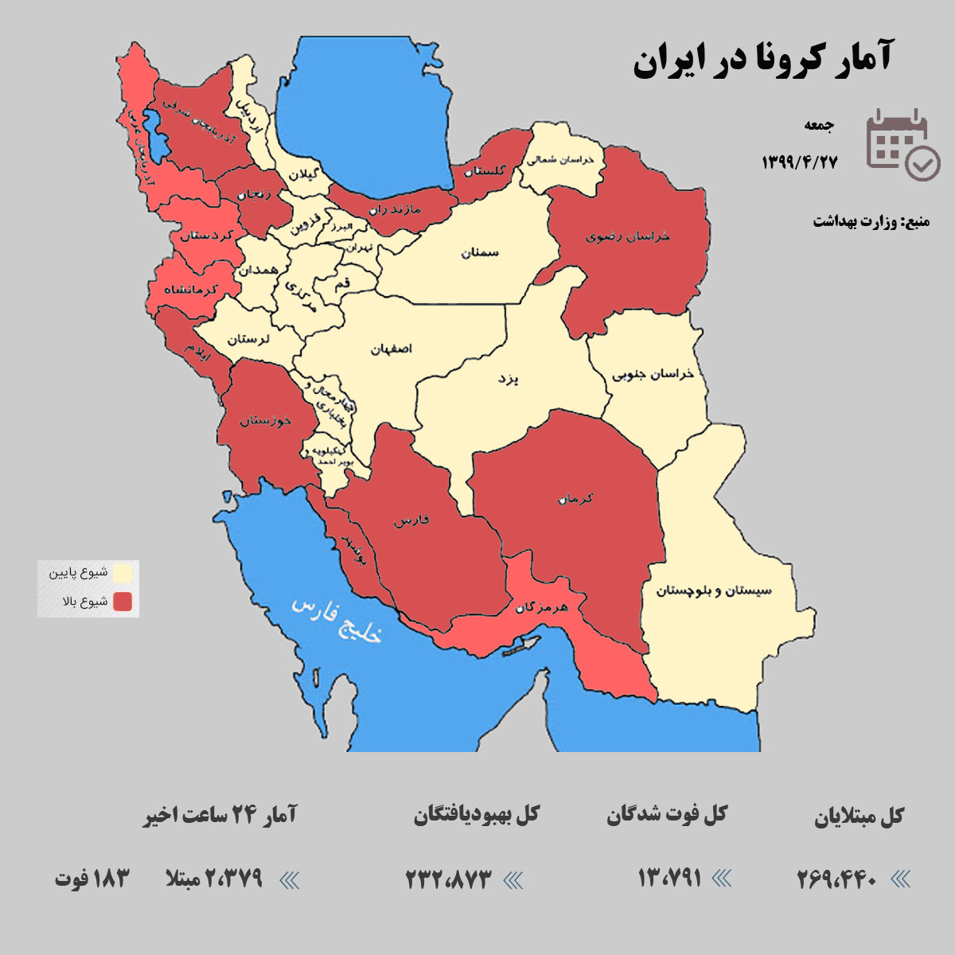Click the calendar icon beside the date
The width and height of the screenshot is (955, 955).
pyautogui.click(x=902, y=143)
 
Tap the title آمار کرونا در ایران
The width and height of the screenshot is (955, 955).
pyautogui.click(x=762, y=60)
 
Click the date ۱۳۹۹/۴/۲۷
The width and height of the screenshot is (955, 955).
pyautogui.click(x=799, y=162)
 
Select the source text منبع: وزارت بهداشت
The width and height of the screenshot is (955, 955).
pyautogui.click(x=871, y=221)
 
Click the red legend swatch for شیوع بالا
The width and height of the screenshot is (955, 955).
pyautogui.click(x=123, y=602)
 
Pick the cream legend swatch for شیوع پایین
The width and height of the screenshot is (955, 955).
pyautogui.click(x=123, y=573)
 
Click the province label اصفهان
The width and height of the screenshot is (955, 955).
pyautogui.click(x=392, y=349)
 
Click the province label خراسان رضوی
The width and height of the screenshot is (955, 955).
pyautogui.click(x=628, y=236)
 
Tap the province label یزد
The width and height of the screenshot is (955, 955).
pyautogui.click(x=508, y=379)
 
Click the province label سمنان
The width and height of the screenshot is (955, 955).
pyautogui.click(x=479, y=253)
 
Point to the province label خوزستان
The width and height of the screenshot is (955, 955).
pyautogui.click(x=266, y=420)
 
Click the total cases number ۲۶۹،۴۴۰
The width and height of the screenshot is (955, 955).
pyautogui.click(x=837, y=879)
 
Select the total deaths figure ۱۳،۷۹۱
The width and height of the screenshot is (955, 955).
pyautogui.click(x=669, y=878)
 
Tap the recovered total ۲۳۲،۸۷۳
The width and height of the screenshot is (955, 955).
pyautogui.click(x=449, y=879)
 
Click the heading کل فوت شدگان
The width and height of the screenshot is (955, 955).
pyautogui.click(x=667, y=815)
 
